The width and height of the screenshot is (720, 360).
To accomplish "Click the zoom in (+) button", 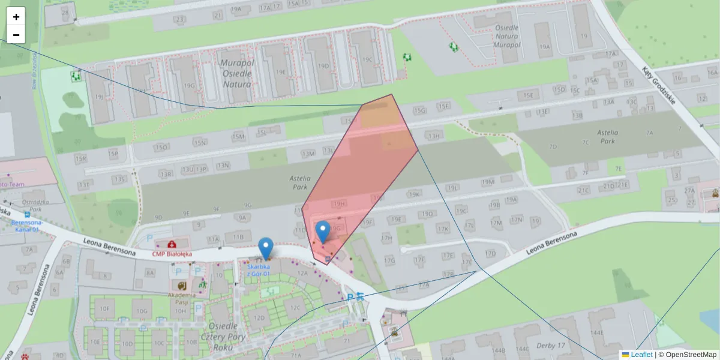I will pyautogui.click(x=16, y=17).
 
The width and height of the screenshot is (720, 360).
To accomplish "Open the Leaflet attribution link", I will pyautogui.click(x=641, y=355).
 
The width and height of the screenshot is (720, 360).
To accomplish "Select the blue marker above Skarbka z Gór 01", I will pyautogui.click(x=265, y=248).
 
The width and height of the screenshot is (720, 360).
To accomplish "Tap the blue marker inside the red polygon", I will pyautogui.click(x=323, y=232).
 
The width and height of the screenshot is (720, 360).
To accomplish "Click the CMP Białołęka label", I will pyautogui.click(x=172, y=254).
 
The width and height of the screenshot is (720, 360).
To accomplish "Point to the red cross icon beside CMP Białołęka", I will pyautogui.click(x=172, y=244).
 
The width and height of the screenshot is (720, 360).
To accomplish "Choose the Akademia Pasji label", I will pyautogui.click(x=181, y=298).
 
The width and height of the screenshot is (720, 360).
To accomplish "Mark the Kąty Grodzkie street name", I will pyautogui.click(x=659, y=85).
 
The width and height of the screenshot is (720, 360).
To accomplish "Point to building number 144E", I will pyautogui.click(x=596, y=332).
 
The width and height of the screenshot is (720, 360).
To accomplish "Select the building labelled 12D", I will pyautogui.click(x=259, y=317).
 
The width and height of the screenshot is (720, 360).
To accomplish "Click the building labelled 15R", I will pyautogui.click(x=81, y=158).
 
